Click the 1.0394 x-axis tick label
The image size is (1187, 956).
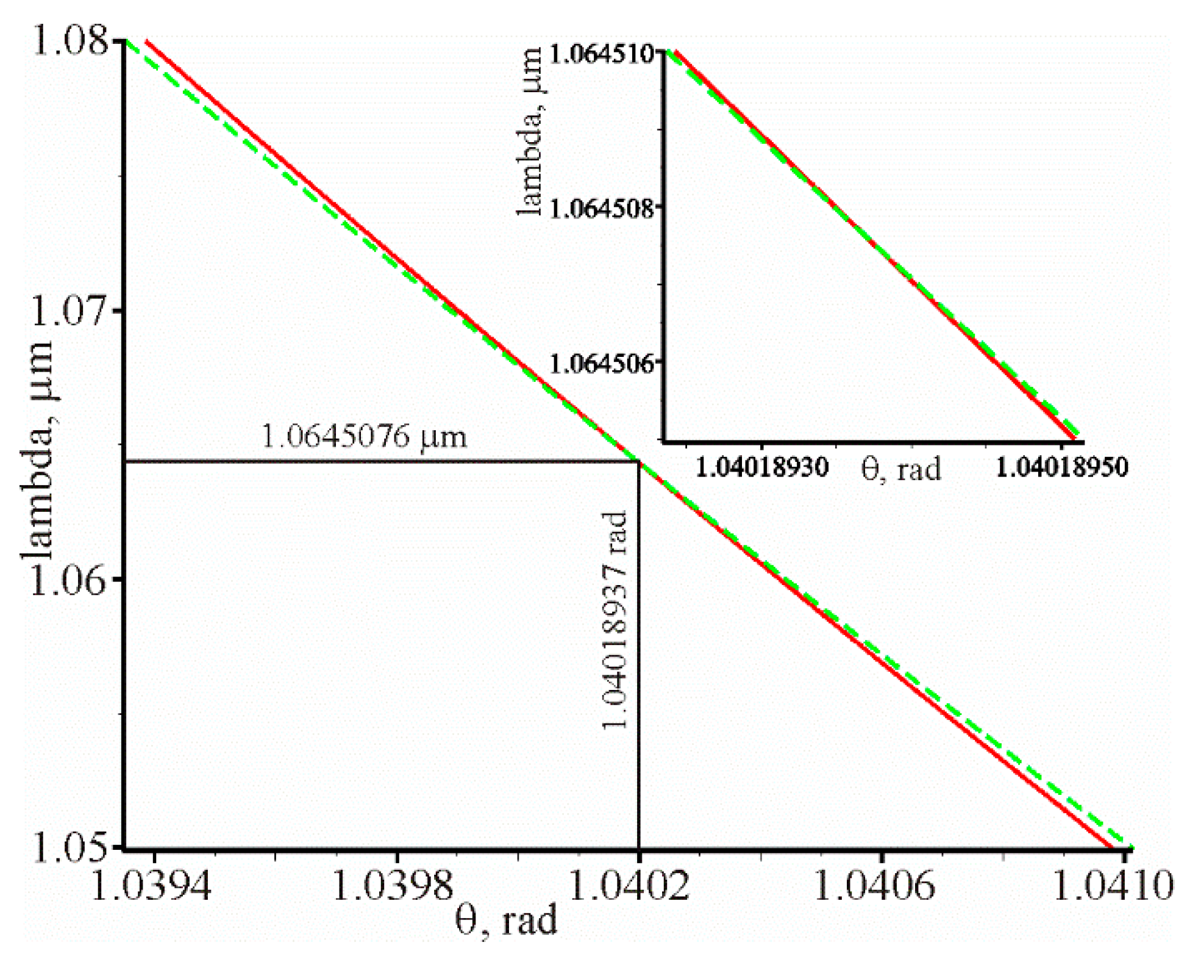click(151, 885)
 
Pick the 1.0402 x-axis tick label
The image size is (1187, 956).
click(628, 885)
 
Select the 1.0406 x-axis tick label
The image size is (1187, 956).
click(874, 885)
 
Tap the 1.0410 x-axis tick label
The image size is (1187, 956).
click(1112, 885)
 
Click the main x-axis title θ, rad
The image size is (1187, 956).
click(507, 921)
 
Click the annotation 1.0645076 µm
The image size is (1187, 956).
click(364, 437)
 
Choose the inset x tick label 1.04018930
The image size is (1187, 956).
click(762, 468)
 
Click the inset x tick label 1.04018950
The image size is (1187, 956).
click(1062, 468)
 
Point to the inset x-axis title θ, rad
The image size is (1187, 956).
click(902, 469)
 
